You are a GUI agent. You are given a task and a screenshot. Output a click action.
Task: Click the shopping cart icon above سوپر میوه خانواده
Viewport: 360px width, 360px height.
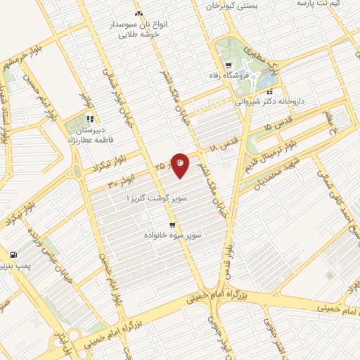[x=173, y=226]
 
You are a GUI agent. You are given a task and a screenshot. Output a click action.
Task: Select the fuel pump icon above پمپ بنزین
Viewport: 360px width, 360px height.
[x=13, y=255]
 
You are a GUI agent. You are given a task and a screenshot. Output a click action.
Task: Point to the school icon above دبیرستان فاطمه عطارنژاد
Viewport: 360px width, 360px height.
[x=89, y=119]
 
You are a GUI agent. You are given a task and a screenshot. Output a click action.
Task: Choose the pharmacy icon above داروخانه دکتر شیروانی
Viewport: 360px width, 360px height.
[x=270, y=90]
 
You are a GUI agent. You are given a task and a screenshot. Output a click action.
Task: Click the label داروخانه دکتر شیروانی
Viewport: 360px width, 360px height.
[x=270, y=101]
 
